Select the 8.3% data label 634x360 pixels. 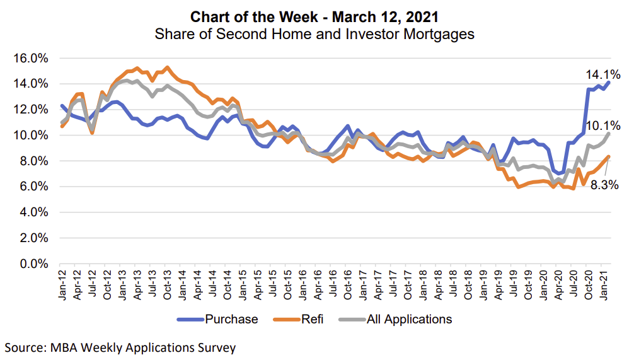604,185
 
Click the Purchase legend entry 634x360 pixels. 231,319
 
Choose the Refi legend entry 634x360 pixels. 313,319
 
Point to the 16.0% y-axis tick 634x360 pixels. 30,58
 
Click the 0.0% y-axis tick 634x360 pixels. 33,264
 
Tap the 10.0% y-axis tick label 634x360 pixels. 30,136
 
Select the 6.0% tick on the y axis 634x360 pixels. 33,187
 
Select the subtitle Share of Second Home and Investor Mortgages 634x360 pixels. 314,34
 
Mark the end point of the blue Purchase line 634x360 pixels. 608,83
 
